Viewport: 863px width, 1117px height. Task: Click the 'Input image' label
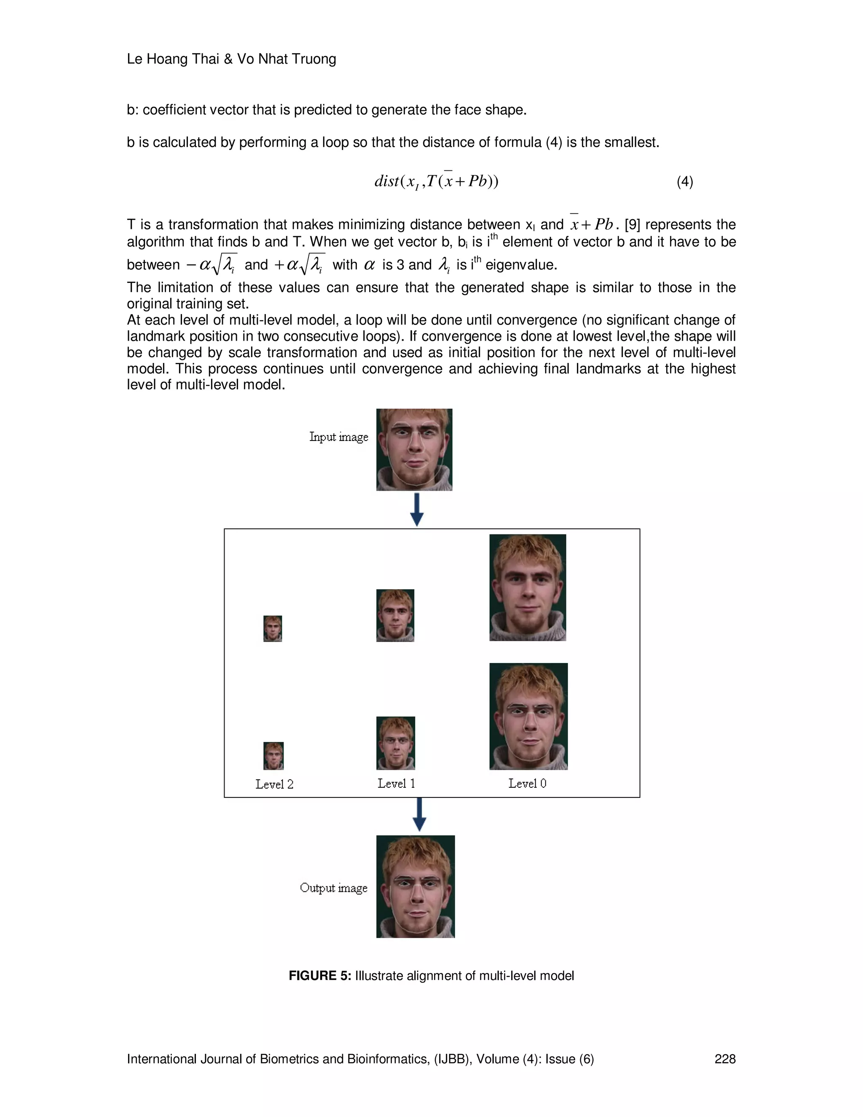tap(338, 437)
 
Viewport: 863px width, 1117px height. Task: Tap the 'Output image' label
tap(333, 887)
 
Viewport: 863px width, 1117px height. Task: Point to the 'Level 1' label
tap(396, 783)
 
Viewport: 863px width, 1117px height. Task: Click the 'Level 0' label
tap(527, 783)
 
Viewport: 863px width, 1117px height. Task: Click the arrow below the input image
tap(417, 510)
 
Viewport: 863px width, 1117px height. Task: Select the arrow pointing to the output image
tap(419, 815)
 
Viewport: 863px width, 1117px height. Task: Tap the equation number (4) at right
tap(685, 182)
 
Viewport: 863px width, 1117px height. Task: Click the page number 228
tap(724, 1059)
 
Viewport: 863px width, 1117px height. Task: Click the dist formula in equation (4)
tap(436, 181)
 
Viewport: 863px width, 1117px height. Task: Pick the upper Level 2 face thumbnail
tap(273, 628)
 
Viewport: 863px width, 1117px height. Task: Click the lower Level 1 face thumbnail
tap(396, 743)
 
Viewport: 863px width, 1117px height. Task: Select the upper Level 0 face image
tap(528, 588)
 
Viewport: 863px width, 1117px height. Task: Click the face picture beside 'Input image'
tap(414, 450)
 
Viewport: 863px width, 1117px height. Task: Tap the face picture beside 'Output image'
tap(415, 886)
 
